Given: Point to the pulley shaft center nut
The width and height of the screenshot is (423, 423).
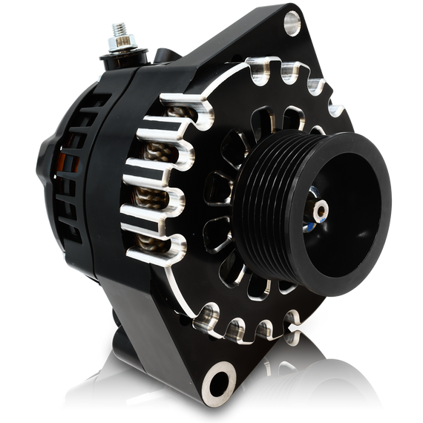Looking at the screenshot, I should pos(321,211).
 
